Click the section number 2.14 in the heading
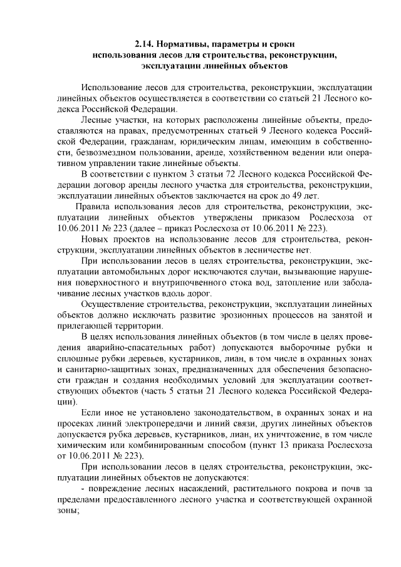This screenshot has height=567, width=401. pos(145,45)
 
